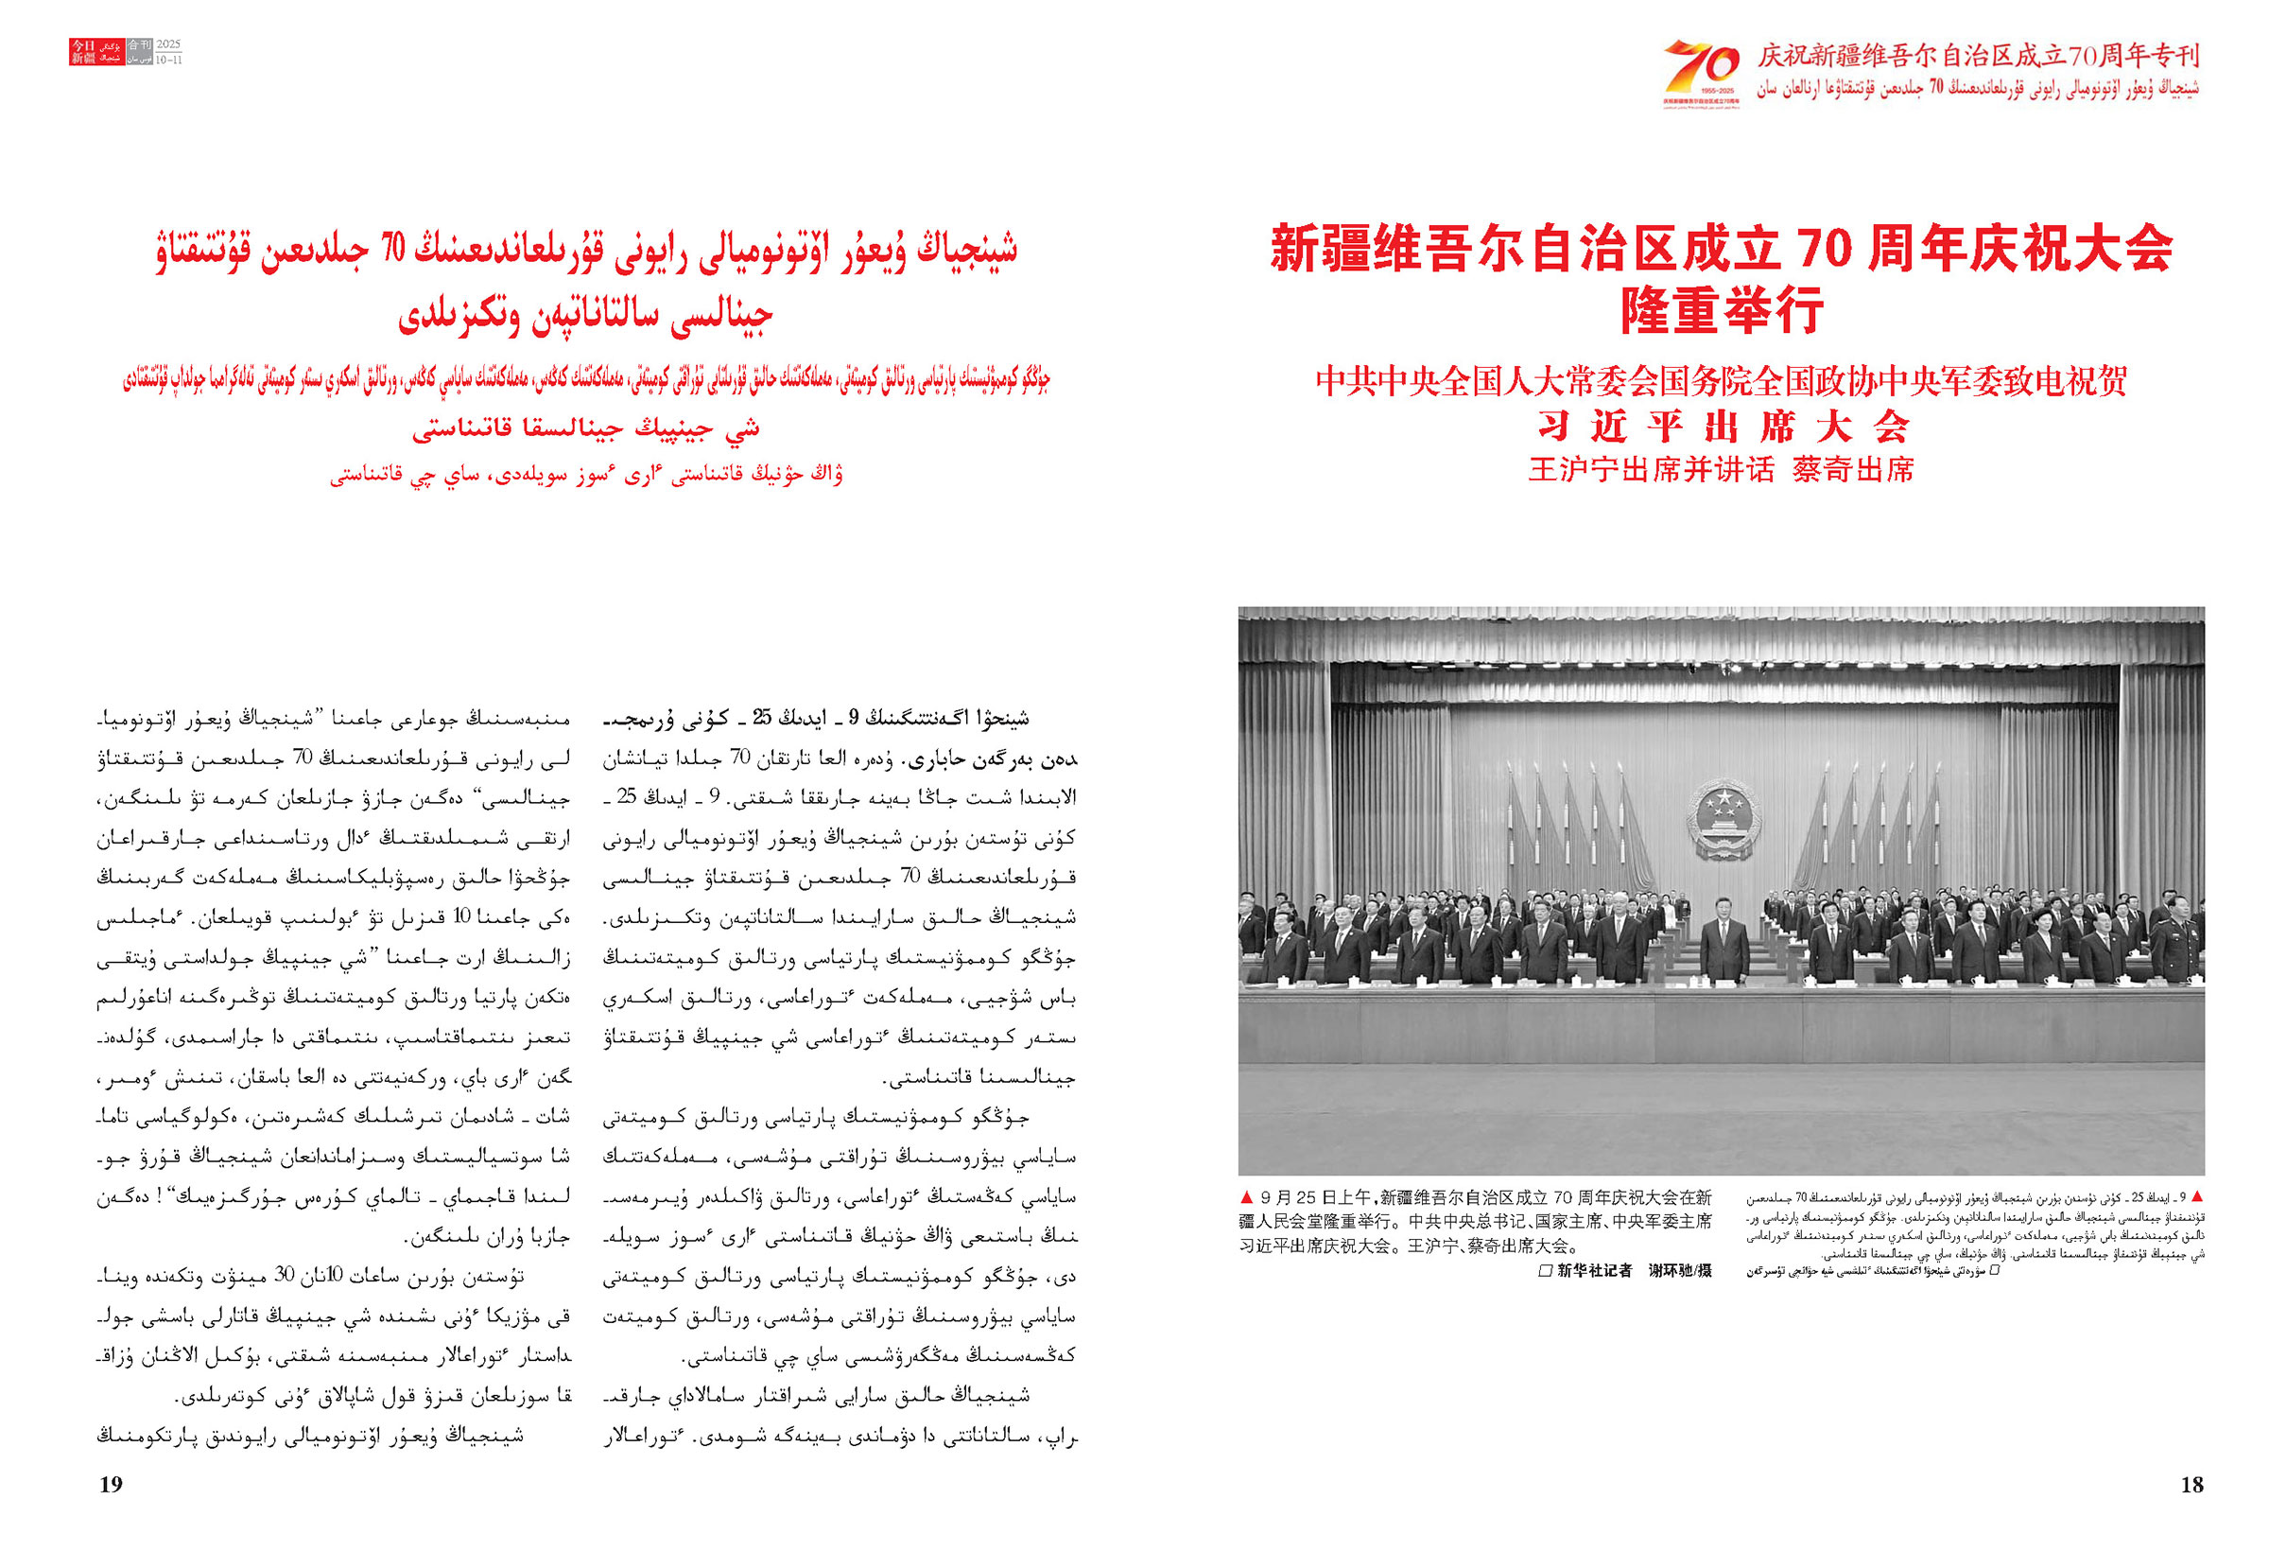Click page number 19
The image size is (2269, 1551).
pos(112,1485)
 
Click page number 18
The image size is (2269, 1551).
pos(2191,1485)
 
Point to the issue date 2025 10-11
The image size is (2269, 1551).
pos(169,52)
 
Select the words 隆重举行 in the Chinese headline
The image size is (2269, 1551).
pos(1722,310)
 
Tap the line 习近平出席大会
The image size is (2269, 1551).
pos(1722,427)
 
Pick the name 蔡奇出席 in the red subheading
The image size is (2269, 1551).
pos(1853,471)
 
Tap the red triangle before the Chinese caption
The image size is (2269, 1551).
pos(1246,1197)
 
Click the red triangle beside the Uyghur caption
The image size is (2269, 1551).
pos(2197,1196)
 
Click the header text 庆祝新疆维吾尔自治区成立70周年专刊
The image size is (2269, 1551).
pos(1977,57)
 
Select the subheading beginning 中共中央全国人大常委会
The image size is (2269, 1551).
pos(1721,381)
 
